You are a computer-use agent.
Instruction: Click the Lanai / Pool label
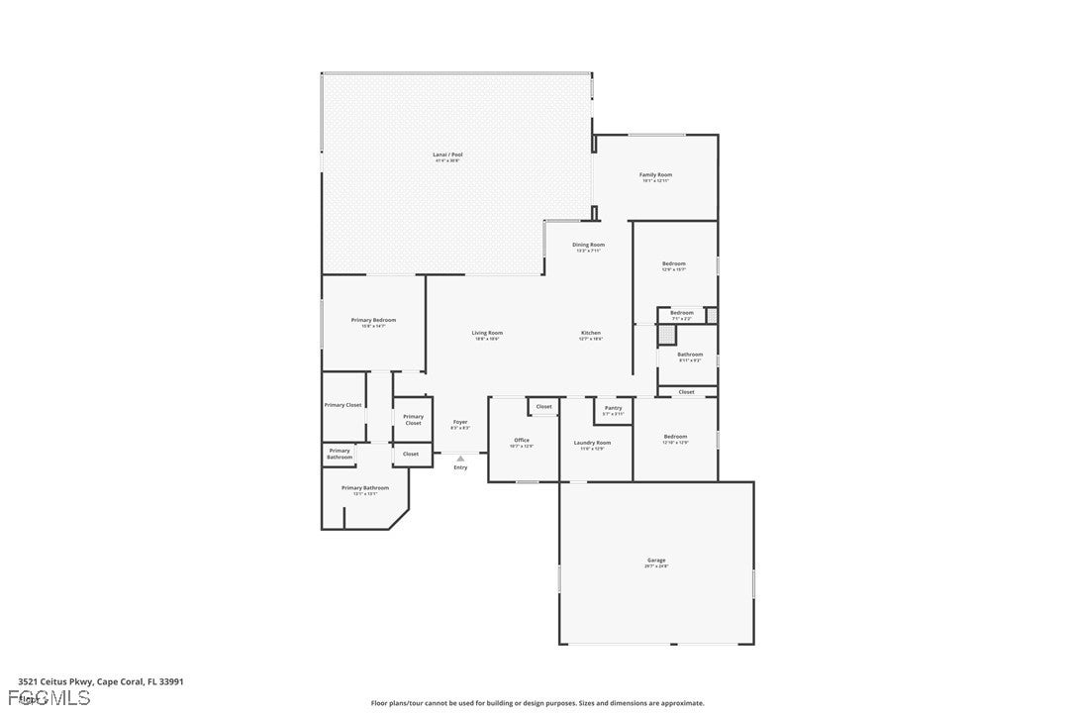448,154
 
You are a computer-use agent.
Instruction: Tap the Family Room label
655,175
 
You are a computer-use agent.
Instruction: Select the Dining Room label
588,245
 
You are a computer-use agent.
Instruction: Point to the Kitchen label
590,333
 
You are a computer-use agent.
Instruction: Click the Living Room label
487,333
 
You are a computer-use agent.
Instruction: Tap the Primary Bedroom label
373,320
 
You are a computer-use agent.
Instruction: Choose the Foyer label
460,422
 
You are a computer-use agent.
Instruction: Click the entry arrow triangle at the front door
460,458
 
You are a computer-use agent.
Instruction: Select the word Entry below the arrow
460,467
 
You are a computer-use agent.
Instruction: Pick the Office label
522,440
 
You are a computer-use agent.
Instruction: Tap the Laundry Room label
595,443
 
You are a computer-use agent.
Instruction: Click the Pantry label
613,408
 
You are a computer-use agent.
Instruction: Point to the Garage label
656,561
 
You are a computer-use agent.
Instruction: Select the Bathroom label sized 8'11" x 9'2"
690,355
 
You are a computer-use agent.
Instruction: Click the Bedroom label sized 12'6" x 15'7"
674,263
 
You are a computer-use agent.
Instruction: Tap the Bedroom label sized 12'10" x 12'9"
675,437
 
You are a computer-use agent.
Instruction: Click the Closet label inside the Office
544,406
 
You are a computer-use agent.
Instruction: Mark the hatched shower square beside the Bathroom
667,335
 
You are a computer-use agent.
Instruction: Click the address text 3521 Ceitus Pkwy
55,681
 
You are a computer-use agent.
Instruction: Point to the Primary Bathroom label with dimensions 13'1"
365,487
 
